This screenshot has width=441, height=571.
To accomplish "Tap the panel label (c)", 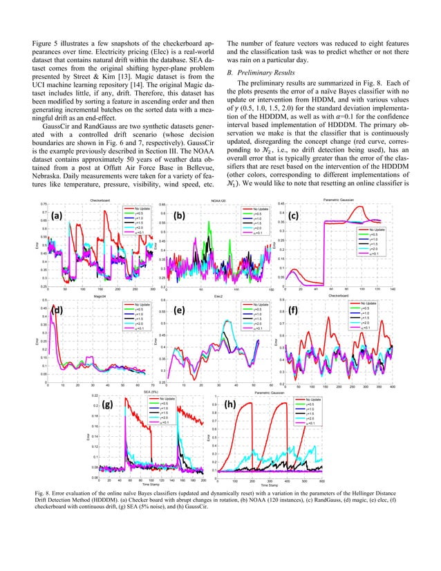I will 294,216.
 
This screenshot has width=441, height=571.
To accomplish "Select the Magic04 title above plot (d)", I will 104,296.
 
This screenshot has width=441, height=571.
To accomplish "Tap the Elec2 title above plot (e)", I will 219,296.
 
